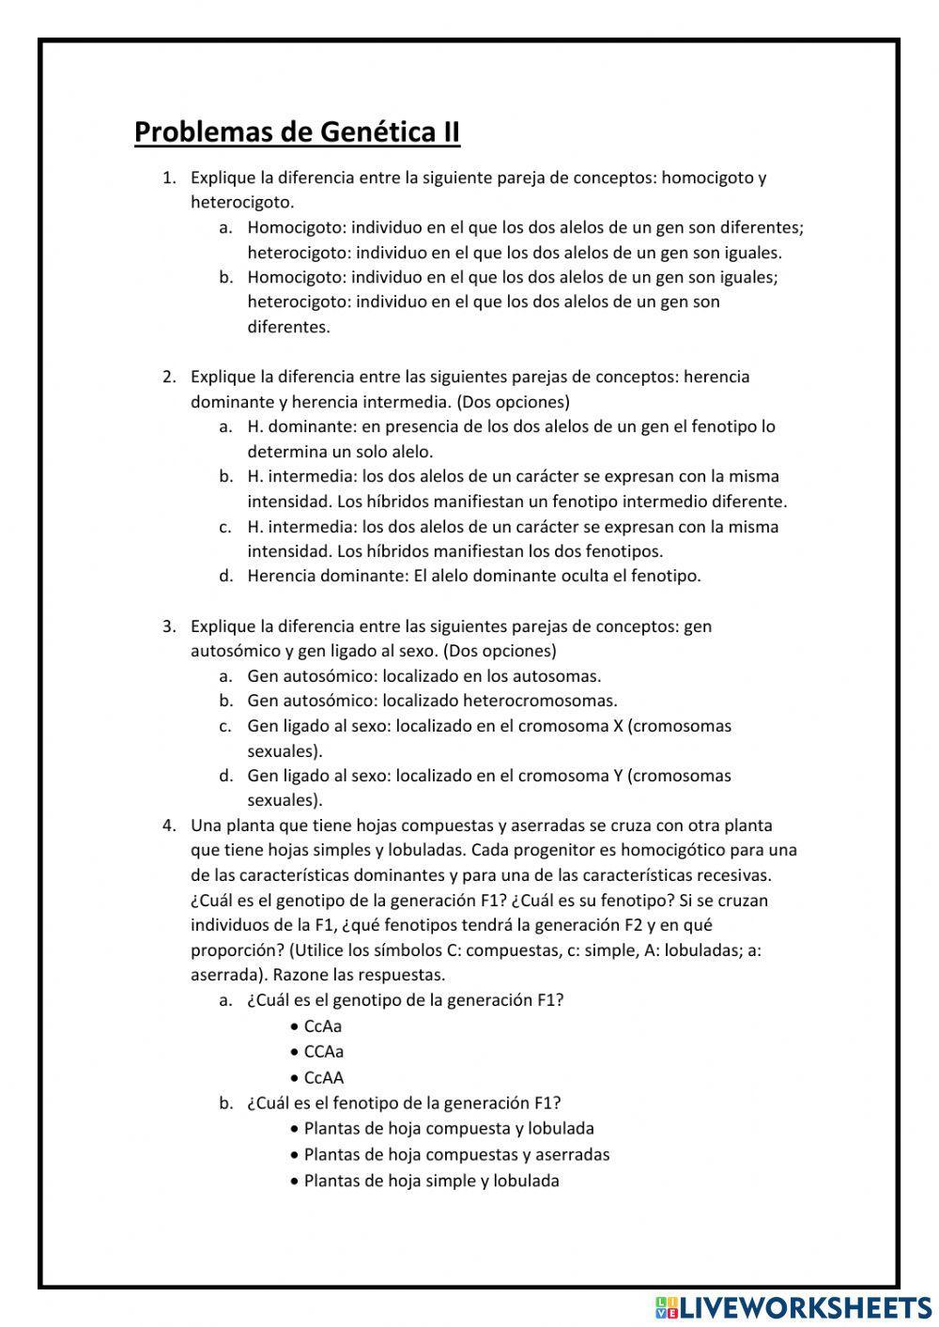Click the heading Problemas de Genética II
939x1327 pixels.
[x=297, y=131]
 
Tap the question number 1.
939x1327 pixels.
[x=169, y=177]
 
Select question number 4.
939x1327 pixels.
[x=169, y=826]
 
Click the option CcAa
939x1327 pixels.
[x=323, y=1026]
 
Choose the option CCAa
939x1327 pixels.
[x=323, y=1052]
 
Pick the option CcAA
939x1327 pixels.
[x=323, y=1078]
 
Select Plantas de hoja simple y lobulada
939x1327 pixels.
[x=431, y=1181]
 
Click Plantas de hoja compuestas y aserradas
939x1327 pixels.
[x=456, y=1155]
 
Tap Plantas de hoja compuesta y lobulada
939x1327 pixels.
[x=449, y=1129]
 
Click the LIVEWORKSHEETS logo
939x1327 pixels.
[x=793, y=1306]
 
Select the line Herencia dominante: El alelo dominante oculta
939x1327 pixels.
[x=474, y=576]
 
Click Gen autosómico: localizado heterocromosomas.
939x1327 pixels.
[x=432, y=701]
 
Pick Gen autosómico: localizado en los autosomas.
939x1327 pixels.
[x=423, y=675]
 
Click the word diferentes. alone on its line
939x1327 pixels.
[x=288, y=327]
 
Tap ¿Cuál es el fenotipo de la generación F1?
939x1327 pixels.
[x=404, y=1103]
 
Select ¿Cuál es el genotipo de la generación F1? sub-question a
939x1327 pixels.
[x=405, y=1000]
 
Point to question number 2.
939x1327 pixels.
[x=169, y=377]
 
